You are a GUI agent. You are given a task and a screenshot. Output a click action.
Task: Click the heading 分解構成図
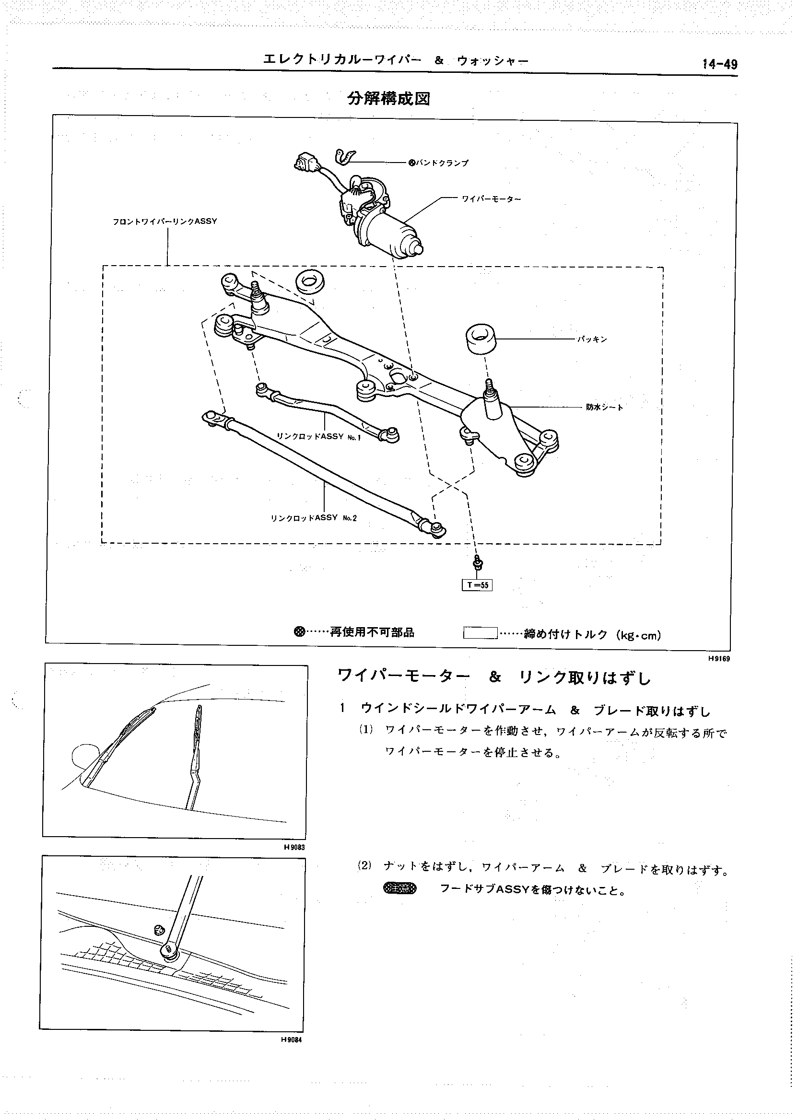pyautogui.click(x=388, y=99)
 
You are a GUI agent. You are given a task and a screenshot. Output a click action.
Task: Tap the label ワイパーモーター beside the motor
pyautogui.click(x=491, y=199)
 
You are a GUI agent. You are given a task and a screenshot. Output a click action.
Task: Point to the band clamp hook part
pyautogui.click(x=343, y=157)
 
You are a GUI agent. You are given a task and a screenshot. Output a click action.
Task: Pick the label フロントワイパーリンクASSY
pyautogui.click(x=164, y=222)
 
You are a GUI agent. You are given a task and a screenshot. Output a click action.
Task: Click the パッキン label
pyautogui.click(x=592, y=339)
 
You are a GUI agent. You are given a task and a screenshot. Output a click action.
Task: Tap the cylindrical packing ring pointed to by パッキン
pyautogui.click(x=480, y=338)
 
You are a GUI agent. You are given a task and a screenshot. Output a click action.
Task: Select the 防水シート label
pyautogui.click(x=604, y=407)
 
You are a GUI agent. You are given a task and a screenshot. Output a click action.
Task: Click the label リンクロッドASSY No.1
pyautogui.click(x=319, y=436)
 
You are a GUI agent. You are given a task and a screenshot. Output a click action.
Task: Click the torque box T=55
pyautogui.click(x=477, y=584)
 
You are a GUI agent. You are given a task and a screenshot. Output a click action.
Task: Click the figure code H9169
pyautogui.click(x=719, y=659)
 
